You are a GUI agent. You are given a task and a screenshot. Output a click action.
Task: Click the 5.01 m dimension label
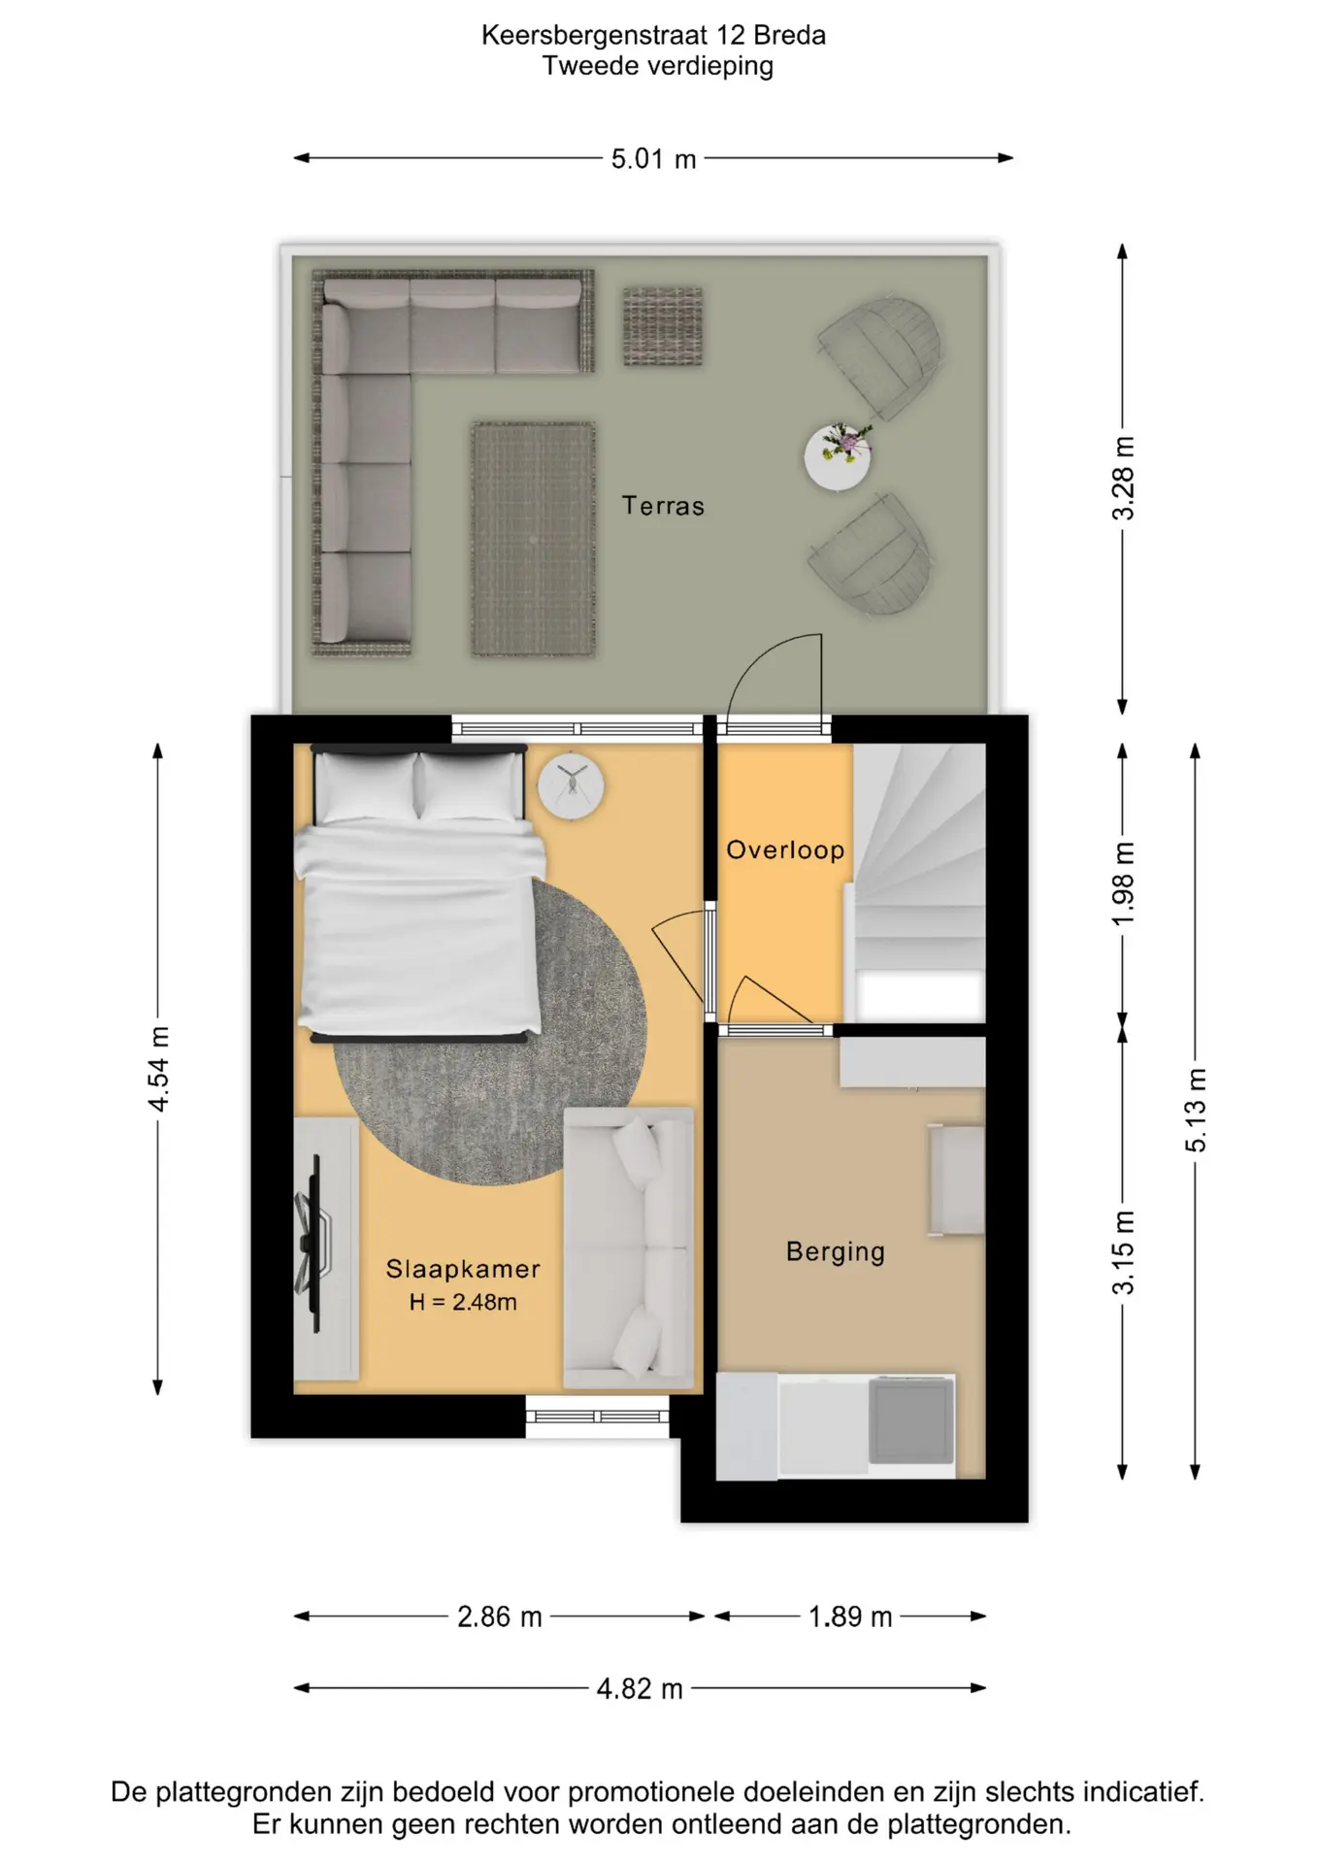(653, 158)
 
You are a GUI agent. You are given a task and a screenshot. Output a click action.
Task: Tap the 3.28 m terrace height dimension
(1123, 478)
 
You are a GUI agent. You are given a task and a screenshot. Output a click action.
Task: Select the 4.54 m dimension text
(158, 1068)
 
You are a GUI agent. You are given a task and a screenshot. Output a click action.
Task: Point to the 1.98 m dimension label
(1123, 883)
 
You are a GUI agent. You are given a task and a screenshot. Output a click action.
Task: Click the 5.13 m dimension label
(1196, 1110)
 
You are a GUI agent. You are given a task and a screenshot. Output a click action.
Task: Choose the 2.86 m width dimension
(500, 1616)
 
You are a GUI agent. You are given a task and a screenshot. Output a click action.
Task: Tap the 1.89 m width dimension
(850, 1616)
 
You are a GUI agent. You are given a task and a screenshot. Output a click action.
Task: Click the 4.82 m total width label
(640, 1688)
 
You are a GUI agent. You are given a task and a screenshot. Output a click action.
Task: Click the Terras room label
(663, 506)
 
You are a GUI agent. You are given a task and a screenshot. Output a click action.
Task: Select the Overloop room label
(785, 850)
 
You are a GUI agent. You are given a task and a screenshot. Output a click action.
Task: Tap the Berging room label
(836, 1252)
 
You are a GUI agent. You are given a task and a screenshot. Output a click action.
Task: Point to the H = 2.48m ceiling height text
(463, 1302)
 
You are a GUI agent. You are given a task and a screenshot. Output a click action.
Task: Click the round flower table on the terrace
(838, 456)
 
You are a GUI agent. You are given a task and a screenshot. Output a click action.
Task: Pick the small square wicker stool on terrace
(662, 326)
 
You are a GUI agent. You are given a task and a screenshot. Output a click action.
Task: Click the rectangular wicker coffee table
(533, 539)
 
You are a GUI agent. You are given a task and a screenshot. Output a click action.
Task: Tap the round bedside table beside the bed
(572, 785)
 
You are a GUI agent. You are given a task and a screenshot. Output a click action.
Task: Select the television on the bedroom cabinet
(313, 1243)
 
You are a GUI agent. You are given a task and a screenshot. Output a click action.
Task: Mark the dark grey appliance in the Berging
(910, 1420)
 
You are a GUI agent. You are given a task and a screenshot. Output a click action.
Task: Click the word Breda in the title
(789, 35)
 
